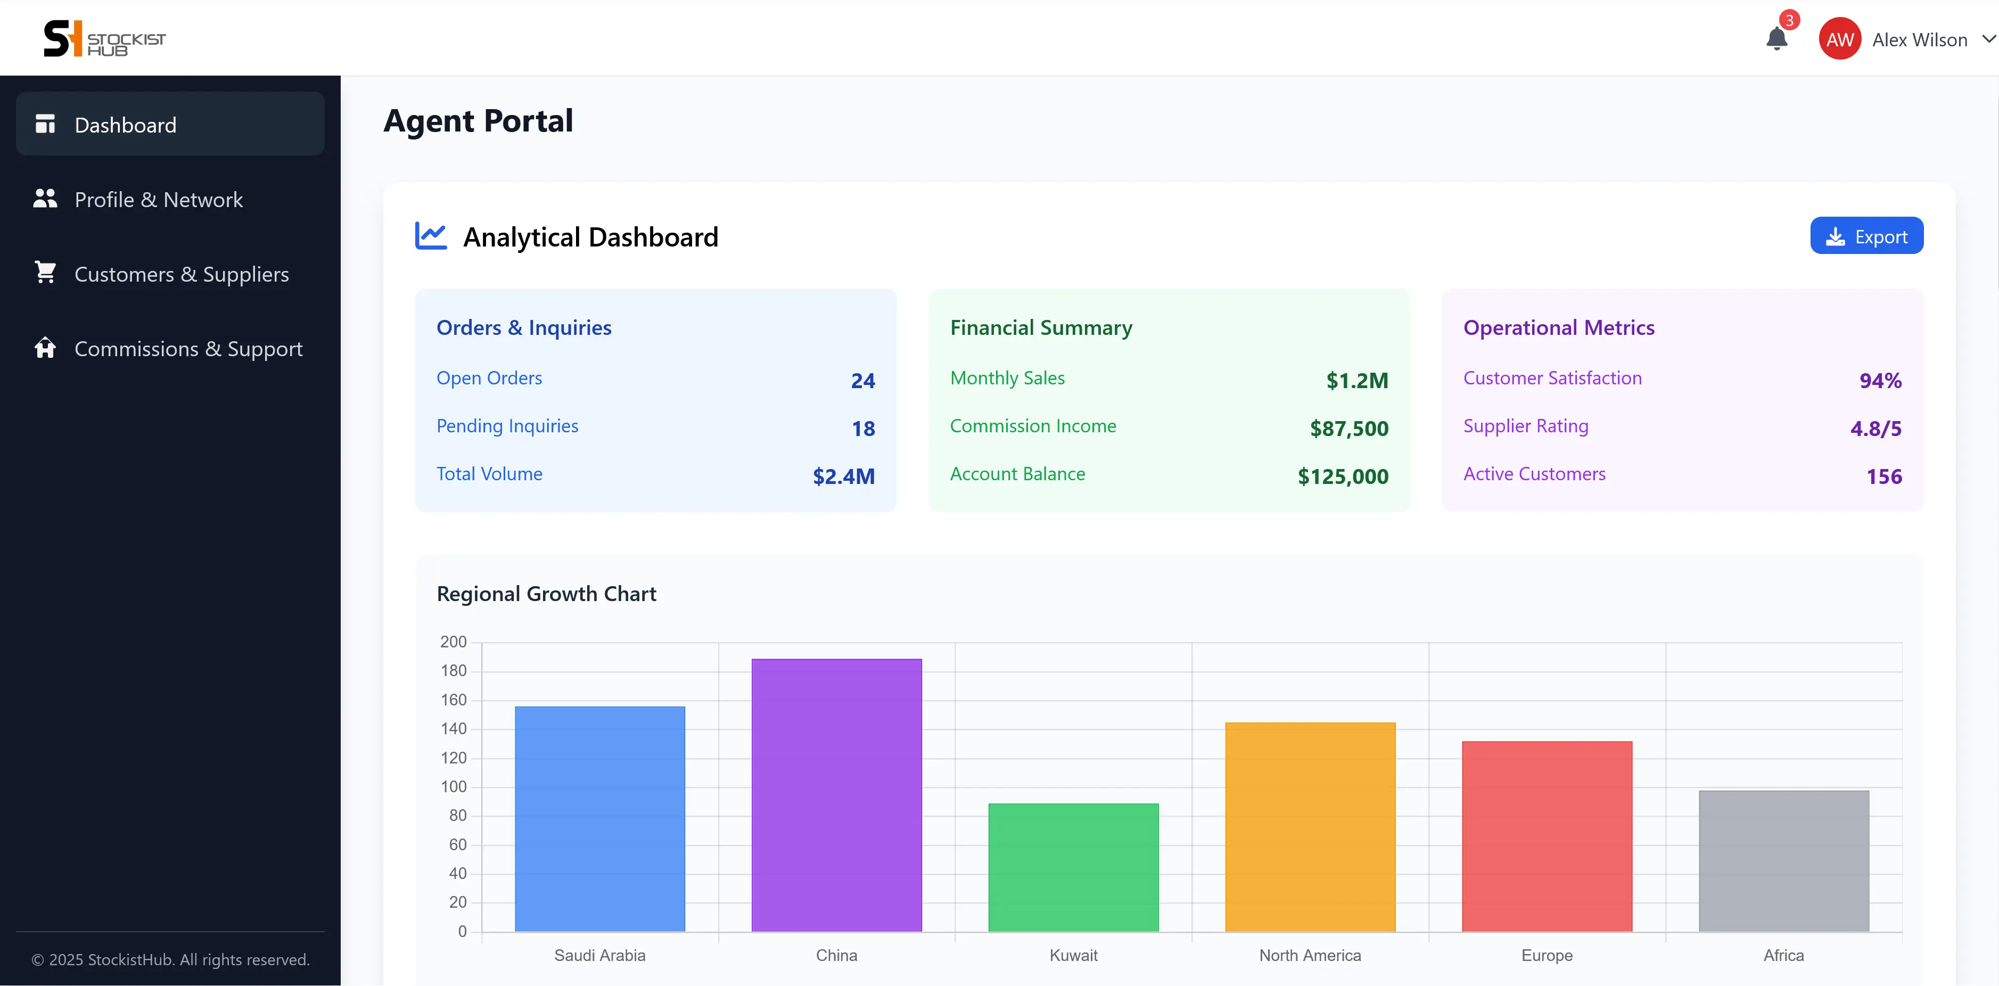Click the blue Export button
click(x=1866, y=236)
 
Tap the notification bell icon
click(x=1776, y=38)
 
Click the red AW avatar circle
click(x=1840, y=39)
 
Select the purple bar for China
click(x=836, y=795)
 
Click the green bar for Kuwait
click(x=1073, y=867)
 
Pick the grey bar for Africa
click(x=1784, y=861)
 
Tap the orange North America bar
click(x=1310, y=827)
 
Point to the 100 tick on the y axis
click(x=454, y=787)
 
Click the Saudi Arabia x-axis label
click(x=600, y=955)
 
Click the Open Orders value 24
click(x=863, y=380)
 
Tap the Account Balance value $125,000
click(x=1343, y=476)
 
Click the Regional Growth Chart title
click(x=546, y=594)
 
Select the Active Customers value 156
click(x=1884, y=476)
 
